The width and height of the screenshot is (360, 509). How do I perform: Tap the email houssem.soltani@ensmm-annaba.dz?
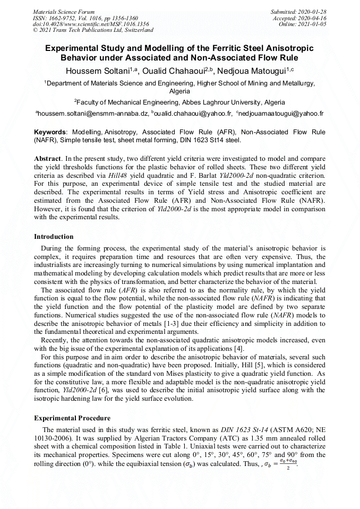[x=93, y=114]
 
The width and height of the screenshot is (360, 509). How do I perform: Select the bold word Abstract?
[x=48, y=159]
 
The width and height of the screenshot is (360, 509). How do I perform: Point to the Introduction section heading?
[x=54, y=236]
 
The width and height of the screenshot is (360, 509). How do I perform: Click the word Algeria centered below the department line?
[x=179, y=91]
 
